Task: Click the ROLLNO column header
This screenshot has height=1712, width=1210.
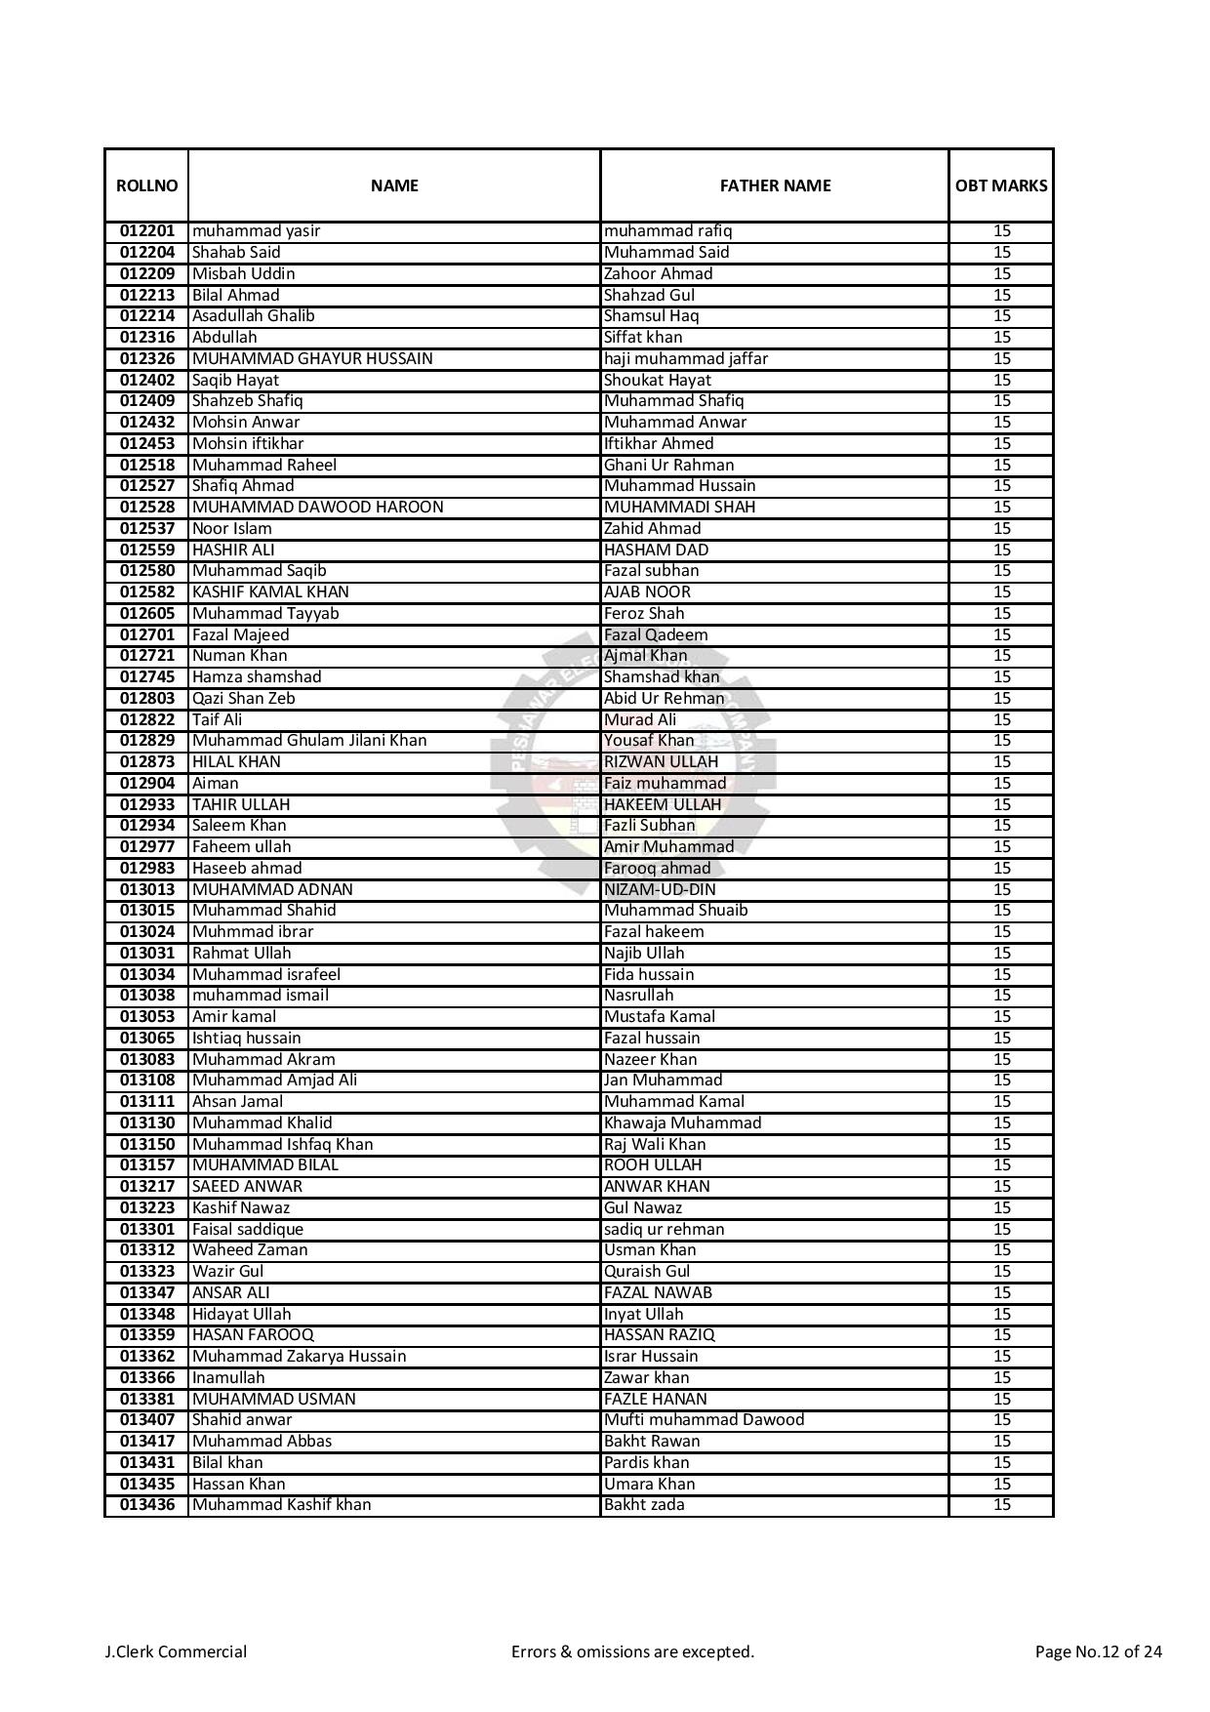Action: click(x=146, y=185)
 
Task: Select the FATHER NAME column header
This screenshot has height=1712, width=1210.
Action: click(x=775, y=185)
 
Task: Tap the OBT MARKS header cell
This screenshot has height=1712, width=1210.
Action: click(x=1001, y=185)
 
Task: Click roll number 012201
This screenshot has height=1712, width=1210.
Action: click(x=147, y=231)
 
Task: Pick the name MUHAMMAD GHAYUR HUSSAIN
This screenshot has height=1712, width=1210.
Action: click(x=312, y=358)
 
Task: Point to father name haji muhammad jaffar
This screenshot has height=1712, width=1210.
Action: click(x=686, y=358)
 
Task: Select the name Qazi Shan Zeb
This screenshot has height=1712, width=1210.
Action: click(x=243, y=698)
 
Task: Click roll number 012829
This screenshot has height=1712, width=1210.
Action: click(x=147, y=741)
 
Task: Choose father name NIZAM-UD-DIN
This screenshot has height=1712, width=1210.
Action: click(x=660, y=889)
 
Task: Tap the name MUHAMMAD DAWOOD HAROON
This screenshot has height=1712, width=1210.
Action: click(x=317, y=508)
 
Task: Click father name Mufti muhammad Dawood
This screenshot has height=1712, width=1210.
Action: click(x=704, y=1420)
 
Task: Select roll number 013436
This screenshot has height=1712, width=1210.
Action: click(x=147, y=1505)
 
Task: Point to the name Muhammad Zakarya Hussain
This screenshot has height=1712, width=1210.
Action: click(x=299, y=1357)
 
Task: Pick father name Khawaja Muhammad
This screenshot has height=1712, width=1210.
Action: click(x=682, y=1122)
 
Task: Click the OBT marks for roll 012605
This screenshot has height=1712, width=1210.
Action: click(x=1001, y=613)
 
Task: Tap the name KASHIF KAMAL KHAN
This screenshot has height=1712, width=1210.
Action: click(x=270, y=592)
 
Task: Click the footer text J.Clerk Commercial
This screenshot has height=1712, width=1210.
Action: click(x=176, y=1651)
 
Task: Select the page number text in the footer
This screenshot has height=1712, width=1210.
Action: click(x=1098, y=1651)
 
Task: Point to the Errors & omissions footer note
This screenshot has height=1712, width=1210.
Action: click(x=632, y=1651)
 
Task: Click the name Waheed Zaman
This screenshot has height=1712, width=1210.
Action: click(x=250, y=1250)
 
